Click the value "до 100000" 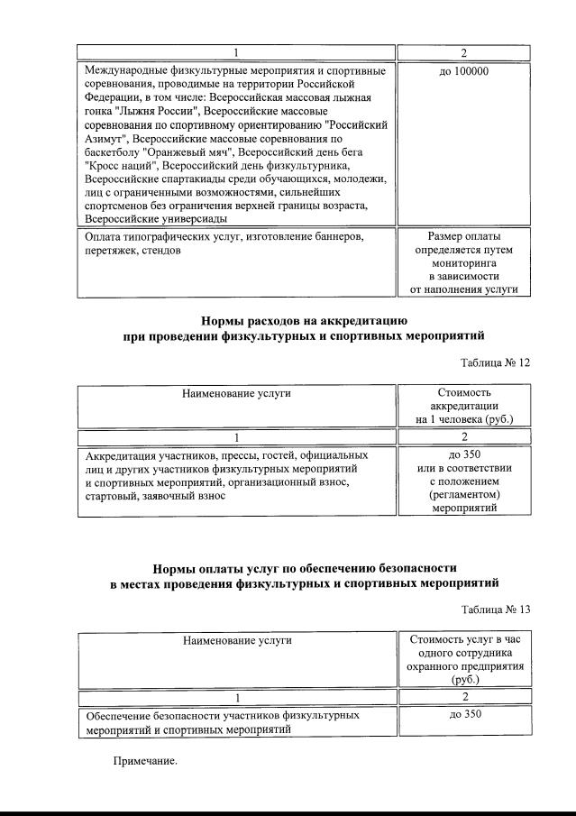click(463, 70)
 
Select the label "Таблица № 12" click(495, 362)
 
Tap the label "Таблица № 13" click(495, 610)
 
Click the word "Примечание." click(145, 761)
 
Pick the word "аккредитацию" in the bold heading click(373, 320)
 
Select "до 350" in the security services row click(463, 715)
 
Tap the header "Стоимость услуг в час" click(463, 640)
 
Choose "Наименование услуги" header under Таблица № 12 click(236, 393)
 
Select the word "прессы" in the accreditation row click(230, 455)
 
